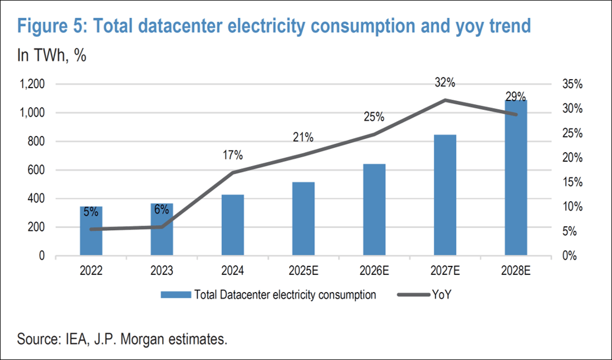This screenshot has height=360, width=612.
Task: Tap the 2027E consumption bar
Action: [444, 195]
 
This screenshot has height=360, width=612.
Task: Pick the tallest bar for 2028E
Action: [516, 178]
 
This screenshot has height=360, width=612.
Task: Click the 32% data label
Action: [445, 83]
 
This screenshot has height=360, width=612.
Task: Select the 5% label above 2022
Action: [91, 212]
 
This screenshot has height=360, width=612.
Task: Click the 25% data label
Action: [374, 118]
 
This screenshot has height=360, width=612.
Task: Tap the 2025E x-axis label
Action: [303, 272]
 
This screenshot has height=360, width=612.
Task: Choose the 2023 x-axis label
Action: [161, 272]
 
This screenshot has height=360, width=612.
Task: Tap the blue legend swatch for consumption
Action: [175, 295]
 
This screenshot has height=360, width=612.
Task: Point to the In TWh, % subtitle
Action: [52, 56]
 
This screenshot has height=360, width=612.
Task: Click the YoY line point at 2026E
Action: [374, 134]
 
